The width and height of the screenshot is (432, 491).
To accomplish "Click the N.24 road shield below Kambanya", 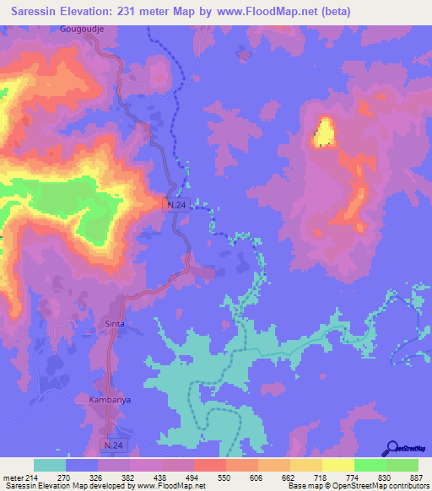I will (112, 443).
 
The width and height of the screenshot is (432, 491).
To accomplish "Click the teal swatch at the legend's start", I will (50, 465).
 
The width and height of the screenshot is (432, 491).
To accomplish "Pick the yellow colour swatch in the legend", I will (337, 465).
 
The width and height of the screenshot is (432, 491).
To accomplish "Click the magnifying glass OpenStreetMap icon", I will (390, 449).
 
